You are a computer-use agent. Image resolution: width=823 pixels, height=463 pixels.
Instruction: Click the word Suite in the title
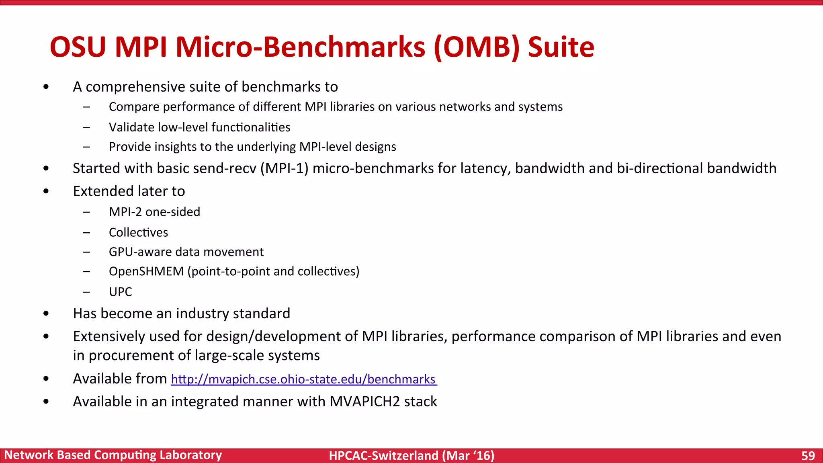pos(561,47)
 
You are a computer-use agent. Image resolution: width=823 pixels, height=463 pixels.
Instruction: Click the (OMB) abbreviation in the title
pos(477,47)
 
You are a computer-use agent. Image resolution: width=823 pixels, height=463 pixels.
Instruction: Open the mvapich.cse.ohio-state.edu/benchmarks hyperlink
pos(304,379)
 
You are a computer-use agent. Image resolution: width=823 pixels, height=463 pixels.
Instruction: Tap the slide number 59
pos(808,456)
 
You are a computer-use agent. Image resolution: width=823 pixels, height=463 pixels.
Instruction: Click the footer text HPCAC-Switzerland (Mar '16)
pos(411,456)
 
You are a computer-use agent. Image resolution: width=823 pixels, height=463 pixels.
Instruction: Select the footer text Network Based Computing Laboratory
pos(113,455)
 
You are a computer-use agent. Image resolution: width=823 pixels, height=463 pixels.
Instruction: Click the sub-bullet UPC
pos(120,292)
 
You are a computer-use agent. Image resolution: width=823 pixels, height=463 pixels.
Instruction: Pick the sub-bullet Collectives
pos(138,232)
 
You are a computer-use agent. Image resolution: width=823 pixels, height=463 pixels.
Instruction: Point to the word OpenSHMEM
pos(146,272)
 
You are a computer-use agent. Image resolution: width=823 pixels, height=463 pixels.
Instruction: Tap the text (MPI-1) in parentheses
pos(285,168)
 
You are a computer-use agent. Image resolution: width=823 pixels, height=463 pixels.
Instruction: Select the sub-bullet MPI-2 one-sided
pos(154,212)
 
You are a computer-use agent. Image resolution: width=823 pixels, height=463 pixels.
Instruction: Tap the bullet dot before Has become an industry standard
pos(46,314)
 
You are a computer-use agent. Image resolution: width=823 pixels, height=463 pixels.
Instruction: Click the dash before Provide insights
pos(86,147)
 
